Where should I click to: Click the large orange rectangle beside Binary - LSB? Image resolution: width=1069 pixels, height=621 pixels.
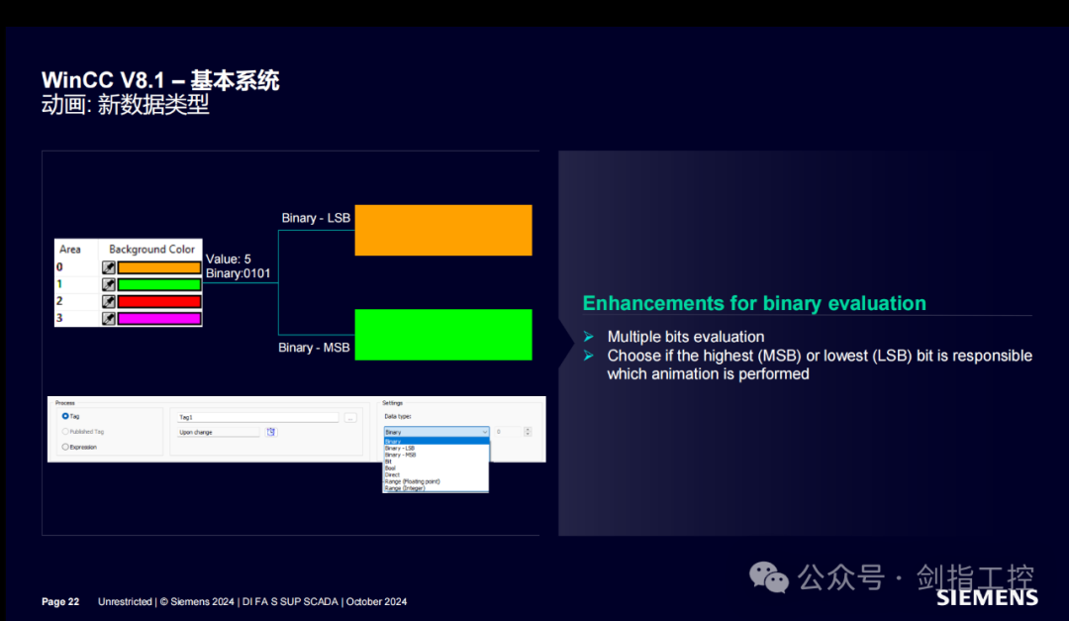(443, 230)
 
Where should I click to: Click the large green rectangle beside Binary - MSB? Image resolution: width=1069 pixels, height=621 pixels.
(443, 334)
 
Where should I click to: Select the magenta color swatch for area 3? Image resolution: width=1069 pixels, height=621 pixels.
(158, 319)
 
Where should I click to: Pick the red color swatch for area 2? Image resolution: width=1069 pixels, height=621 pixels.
(158, 301)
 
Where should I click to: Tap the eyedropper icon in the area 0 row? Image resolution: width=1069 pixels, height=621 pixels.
(109, 267)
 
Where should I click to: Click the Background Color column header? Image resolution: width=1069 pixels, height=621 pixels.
(151, 250)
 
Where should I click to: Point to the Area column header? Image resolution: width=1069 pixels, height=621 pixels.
(70, 250)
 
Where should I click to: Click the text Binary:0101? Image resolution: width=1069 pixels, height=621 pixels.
(238, 273)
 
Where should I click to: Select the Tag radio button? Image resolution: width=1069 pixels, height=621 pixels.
(65, 416)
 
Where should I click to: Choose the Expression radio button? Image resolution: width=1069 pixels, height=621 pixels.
(65, 447)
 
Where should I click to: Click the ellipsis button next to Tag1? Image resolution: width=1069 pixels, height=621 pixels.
(350, 418)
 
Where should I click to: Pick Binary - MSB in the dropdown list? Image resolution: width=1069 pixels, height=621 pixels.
(401, 455)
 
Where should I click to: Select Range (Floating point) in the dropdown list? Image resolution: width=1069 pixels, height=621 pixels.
(412, 481)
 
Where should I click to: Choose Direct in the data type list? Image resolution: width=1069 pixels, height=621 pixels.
(392, 474)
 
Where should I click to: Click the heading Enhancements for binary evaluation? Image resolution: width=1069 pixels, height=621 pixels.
(754, 304)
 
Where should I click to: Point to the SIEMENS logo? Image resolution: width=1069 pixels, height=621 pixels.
(987, 597)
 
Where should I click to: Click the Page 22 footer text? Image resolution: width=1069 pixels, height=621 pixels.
(60, 602)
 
